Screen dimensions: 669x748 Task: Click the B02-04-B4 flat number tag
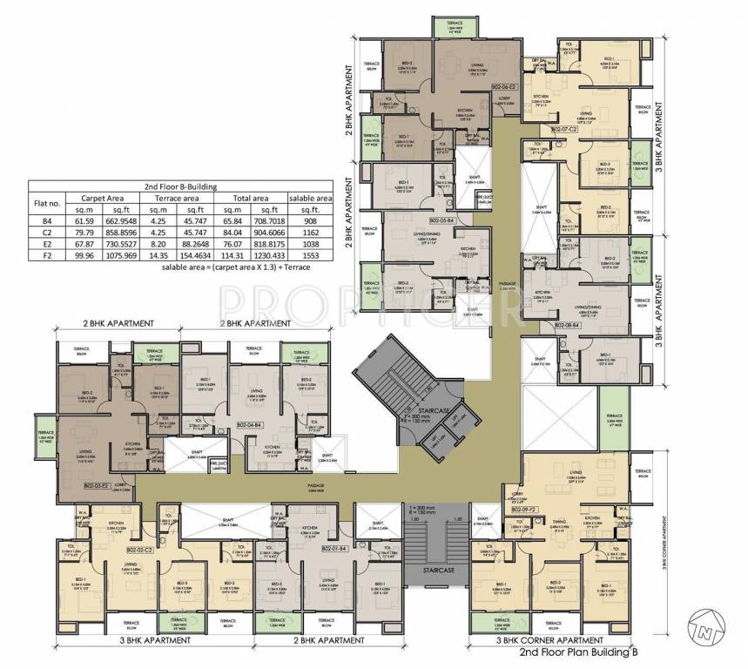249,424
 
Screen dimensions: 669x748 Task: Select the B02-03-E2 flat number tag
97,485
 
